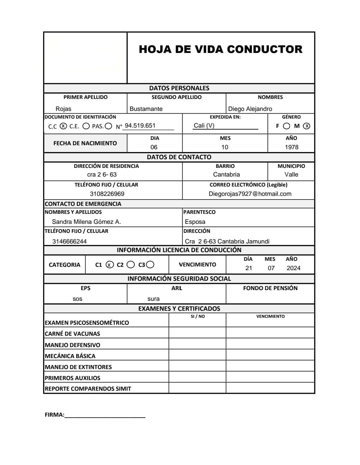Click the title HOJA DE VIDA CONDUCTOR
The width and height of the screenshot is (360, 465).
pos(220,49)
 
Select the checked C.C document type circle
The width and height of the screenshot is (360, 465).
pos(63,126)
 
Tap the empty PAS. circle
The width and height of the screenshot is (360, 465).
pos(108,126)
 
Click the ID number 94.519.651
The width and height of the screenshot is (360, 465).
pos(140,126)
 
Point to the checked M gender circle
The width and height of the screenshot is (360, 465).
pos(307,126)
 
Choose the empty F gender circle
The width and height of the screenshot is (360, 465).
pos(286,126)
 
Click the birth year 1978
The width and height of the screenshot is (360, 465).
pos(292,147)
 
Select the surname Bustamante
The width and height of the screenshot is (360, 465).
pos(146,109)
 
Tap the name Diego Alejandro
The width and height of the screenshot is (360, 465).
pos(250,109)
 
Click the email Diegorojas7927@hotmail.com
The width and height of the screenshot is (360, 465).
pos(250,194)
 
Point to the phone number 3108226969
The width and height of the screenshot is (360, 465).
pos(107,194)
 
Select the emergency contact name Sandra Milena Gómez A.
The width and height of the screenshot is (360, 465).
pos(86,222)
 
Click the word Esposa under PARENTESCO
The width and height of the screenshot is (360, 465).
pos(195,222)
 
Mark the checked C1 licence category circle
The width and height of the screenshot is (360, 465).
pos(110,265)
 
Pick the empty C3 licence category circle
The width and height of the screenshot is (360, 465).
pos(150,264)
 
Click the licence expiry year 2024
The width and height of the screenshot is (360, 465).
pos(293,268)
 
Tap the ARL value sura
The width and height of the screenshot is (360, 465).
pos(153,299)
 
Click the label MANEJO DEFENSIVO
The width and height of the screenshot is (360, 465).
pos(72,345)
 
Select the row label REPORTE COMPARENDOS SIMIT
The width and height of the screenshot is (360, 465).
pos(88,389)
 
